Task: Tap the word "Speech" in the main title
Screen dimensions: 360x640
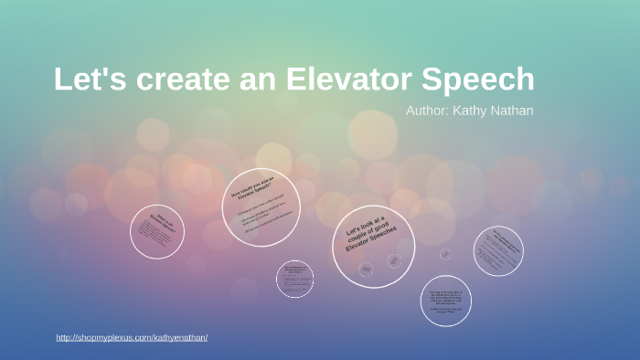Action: pos(481,79)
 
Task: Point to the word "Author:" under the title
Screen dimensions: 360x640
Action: pos(426,111)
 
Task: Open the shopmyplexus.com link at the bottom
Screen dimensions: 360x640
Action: pos(132,337)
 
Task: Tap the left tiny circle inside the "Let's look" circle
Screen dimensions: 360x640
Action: pos(366,269)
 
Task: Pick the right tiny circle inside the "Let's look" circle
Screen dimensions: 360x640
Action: pos(394,260)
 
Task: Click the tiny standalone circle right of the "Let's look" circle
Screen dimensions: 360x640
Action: pos(445,254)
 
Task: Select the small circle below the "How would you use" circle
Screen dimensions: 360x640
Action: pos(294,278)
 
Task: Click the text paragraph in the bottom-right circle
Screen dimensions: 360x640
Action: pos(446,301)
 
